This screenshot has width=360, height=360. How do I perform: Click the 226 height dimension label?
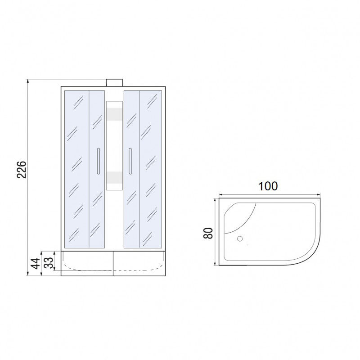click(x=22, y=170)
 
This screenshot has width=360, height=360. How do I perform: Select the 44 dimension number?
click(x=36, y=263)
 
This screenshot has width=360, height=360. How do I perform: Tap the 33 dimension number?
click(x=49, y=263)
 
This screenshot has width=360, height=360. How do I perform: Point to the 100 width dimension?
click(x=268, y=186)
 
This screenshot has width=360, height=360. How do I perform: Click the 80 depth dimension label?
click(x=208, y=233)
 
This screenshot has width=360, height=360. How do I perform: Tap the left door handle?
click(x=99, y=161)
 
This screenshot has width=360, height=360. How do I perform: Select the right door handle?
click(x=130, y=161)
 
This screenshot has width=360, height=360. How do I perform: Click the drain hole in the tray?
click(x=240, y=239)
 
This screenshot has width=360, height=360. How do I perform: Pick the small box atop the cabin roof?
click(x=114, y=83)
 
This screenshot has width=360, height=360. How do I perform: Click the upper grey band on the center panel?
click(x=114, y=114)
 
